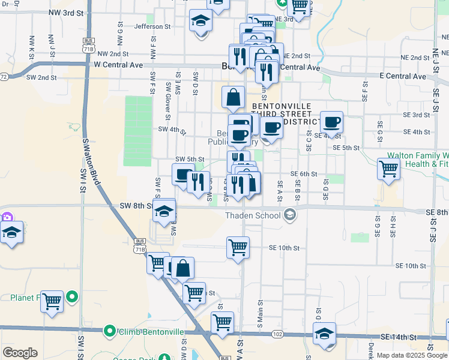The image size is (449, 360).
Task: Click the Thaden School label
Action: click(x=253, y=216)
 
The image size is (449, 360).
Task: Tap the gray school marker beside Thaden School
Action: click(x=290, y=215)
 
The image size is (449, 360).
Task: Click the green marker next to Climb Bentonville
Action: click(x=109, y=331)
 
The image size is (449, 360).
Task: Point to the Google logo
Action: click(x=20, y=353)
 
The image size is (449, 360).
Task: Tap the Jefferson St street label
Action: click(x=152, y=26)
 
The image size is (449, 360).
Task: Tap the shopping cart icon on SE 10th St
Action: click(x=238, y=247)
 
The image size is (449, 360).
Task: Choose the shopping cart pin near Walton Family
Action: click(x=389, y=169)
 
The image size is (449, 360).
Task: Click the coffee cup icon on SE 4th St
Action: click(x=331, y=122)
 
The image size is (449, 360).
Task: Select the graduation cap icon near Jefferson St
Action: click(x=200, y=21)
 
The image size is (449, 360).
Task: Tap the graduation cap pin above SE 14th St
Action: click(x=325, y=333)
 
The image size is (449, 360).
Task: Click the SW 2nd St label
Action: click(x=41, y=77)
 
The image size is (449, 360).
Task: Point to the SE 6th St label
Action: click(x=303, y=174)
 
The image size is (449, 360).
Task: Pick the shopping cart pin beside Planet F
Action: click(x=52, y=301)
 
